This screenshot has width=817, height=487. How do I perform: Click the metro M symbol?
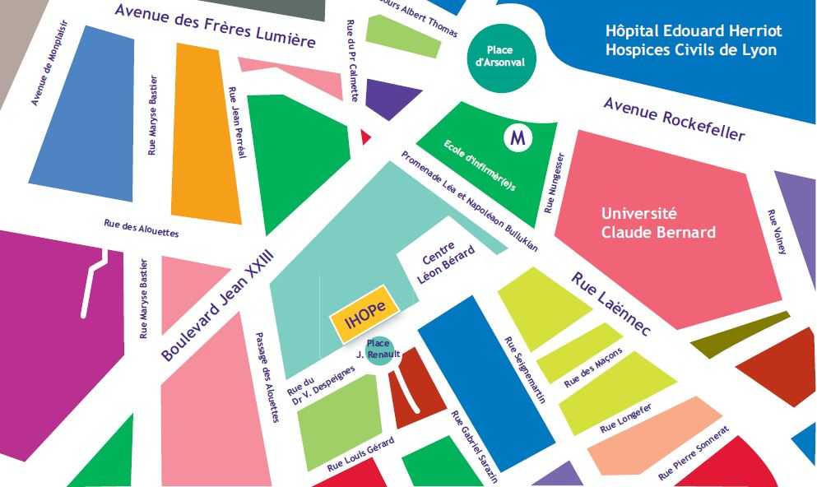coord(518,137)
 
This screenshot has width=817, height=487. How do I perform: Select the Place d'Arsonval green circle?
coord(499,56)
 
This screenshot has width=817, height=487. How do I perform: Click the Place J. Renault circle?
coord(379,350)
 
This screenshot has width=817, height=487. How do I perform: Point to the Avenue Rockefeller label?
coord(674,118)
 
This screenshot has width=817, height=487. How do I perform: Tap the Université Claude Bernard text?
coord(657,223)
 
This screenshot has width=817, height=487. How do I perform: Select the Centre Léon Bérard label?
coord(446,264)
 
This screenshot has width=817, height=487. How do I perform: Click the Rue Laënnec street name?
coord(610,304)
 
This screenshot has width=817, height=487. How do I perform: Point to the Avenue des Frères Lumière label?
coord(215,26)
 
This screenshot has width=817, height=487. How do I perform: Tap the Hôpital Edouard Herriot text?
coord(694,31)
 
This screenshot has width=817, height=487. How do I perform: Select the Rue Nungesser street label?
coord(555,182)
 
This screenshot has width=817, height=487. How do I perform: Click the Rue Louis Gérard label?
coord(360,453)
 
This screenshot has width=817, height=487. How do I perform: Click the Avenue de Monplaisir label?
coord(49,63)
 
